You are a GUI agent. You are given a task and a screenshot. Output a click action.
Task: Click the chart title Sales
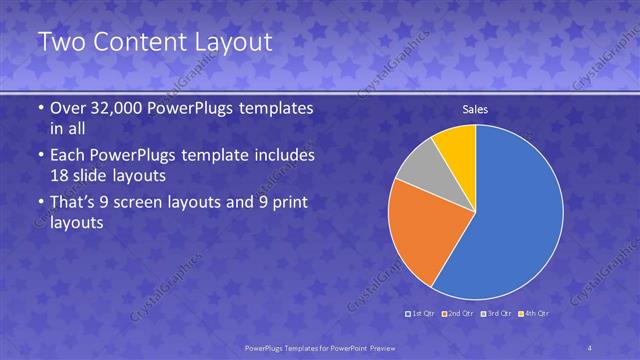[474, 109]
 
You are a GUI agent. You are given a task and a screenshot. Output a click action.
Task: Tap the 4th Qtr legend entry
[535, 313]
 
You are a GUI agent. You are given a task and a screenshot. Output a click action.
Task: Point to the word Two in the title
[62, 42]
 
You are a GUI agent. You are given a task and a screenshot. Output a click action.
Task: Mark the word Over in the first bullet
[67, 109]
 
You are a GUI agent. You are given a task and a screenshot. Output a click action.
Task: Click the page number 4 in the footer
[591, 348]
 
